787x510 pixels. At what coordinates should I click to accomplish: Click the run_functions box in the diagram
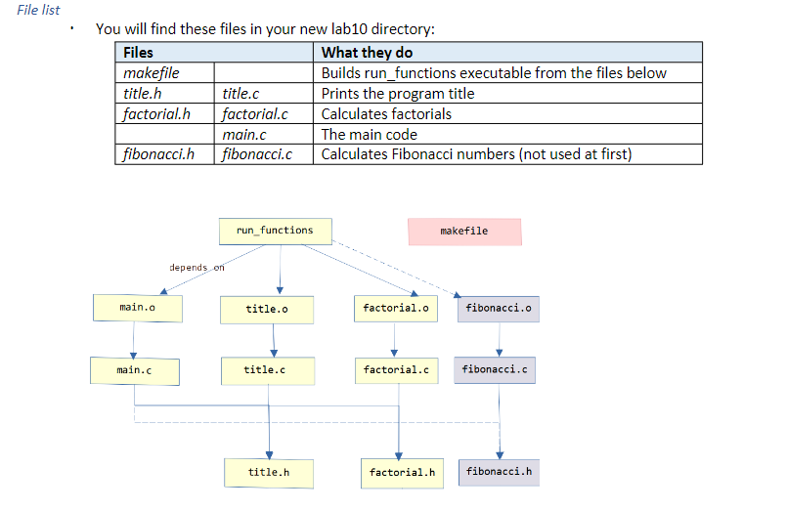tap(275, 231)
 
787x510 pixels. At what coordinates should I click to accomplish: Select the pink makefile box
tap(464, 232)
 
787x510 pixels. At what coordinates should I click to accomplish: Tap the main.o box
tap(136, 308)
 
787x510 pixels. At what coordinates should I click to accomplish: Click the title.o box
tap(266, 309)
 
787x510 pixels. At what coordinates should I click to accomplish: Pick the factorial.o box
tap(395, 309)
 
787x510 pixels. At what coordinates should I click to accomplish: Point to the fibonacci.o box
tap(499, 309)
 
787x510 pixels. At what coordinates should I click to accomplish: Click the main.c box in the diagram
tap(135, 370)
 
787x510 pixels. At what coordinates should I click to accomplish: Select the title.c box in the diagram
tap(265, 370)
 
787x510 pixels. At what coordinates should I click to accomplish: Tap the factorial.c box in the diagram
tap(395, 370)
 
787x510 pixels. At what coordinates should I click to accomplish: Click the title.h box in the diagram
tap(269, 473)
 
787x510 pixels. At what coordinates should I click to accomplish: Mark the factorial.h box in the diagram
tap(402, 473)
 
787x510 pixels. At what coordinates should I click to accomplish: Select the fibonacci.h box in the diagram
tap(500, 472)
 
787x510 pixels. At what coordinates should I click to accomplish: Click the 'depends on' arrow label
tap(197, 268)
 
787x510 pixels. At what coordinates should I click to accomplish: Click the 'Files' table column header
tap(138, 53)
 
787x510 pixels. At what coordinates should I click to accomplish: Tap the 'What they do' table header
tap(368, 53)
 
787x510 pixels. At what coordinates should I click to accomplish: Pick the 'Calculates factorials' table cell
tap(386, 114)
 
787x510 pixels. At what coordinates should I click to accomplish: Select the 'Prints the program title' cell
tap(398, 94)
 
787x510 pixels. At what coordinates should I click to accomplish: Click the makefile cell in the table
tap(152, 73)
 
